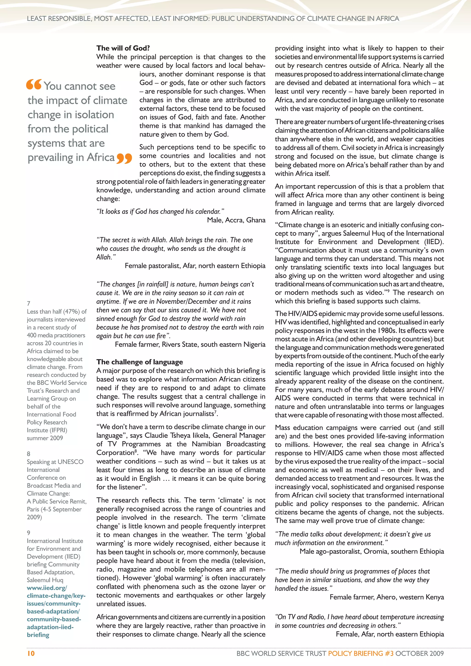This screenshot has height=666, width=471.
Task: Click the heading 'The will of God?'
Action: click(123, 48)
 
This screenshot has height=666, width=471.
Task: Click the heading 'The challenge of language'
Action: click(140, 362)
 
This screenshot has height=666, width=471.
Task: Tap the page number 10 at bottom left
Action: click(31, 653)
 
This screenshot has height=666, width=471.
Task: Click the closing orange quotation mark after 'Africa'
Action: click(124, 158)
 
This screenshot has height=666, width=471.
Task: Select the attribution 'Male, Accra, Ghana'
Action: click(236, 220)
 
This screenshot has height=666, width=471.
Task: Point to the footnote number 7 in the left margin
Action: click(29, 303)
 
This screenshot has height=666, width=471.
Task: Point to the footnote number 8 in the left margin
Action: click(29, 454)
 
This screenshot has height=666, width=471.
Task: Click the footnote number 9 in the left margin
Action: click(29, 533)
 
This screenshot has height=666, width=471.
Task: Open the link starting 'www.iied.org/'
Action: click(47, 588)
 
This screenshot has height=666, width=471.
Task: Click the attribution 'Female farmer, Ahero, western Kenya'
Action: click(387, 597)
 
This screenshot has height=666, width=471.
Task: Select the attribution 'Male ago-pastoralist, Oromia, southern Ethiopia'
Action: click(371, 551)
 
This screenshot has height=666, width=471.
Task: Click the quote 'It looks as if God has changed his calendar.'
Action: click(160, 212)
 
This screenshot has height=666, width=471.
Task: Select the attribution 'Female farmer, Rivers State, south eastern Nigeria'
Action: click(190, 344)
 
